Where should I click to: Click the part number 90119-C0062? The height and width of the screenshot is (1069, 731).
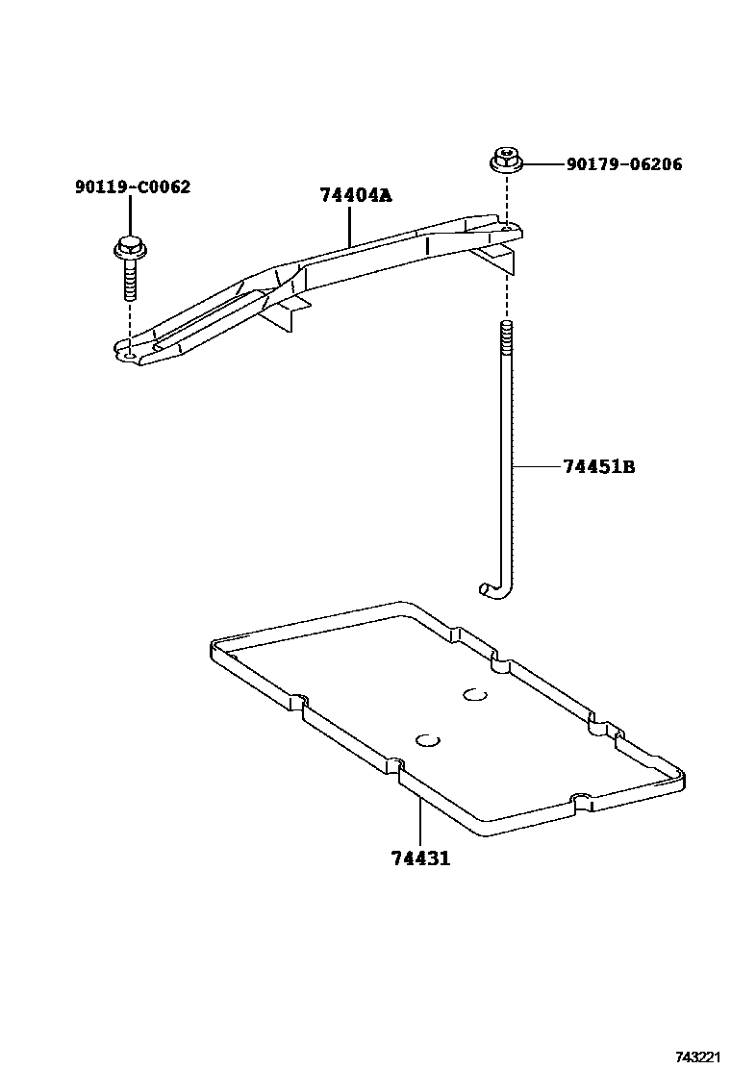point(132,186)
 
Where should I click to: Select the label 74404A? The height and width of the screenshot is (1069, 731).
point(356,195)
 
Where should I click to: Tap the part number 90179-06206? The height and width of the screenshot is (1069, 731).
point(624,164)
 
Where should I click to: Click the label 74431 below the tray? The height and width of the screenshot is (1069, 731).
point(420,858)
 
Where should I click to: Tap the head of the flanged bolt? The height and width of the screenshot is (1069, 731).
point(129,248)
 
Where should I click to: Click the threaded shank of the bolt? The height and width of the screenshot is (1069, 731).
point(129,280)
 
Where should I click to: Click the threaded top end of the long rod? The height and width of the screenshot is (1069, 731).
point(504,336)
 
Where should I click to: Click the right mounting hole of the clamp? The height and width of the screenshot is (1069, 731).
point(505,229)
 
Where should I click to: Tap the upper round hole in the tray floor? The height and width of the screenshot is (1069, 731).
point(474,695)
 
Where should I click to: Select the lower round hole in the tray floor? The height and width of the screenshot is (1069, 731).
point(427,739)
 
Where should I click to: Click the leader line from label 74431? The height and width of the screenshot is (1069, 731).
point(420,821)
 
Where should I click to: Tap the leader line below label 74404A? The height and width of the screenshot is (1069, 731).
point(349,224)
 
